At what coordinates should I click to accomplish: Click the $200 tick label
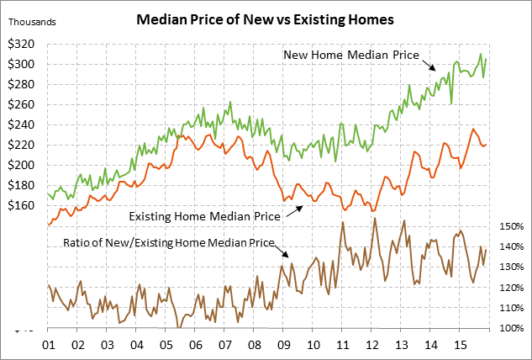(24, 165)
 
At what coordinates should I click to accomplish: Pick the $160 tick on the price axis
(24, 205)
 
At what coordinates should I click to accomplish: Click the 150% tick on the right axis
(508, 227)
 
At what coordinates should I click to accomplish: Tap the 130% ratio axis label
(508, 267)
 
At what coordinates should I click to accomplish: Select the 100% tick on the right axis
(508, 328)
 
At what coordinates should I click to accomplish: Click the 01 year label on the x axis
(48, 345)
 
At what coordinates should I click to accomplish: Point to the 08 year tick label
(254, 345)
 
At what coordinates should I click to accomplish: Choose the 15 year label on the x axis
(460, 345)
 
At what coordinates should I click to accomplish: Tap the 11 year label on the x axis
(342, 345)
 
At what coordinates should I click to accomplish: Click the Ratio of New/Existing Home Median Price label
(171, 243)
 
